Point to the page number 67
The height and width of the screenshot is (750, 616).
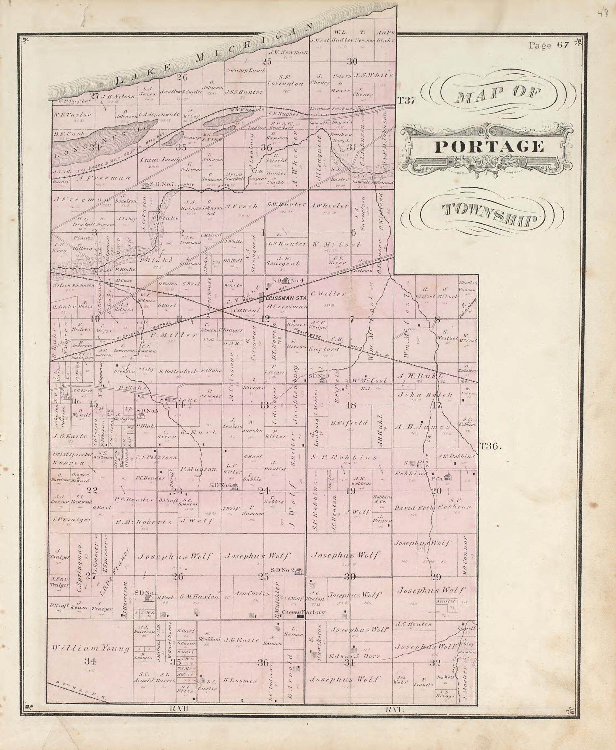click(563, 45)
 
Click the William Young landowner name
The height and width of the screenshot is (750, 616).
click(91, 648)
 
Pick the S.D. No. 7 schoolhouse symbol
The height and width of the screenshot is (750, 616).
click(145, 185)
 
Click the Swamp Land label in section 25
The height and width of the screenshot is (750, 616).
click(246, 70)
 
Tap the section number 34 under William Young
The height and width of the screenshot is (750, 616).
click(90, 661)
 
